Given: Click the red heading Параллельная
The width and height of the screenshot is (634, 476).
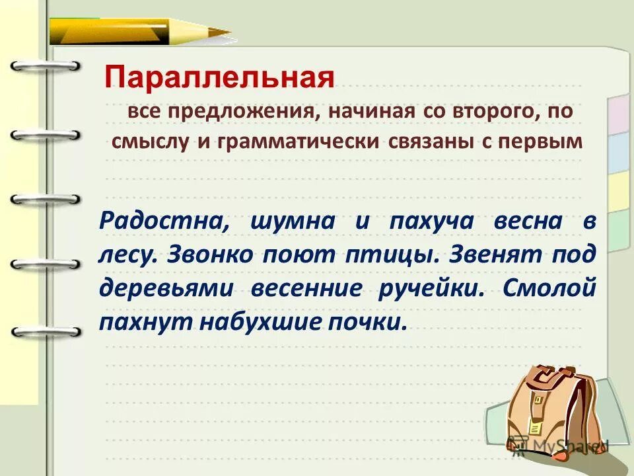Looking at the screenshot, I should (219, 78).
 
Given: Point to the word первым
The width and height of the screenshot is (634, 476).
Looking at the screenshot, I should (551, 141).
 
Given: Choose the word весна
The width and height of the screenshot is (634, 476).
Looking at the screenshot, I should (528, 221).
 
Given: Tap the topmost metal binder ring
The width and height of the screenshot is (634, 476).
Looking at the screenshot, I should (45, 66).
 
